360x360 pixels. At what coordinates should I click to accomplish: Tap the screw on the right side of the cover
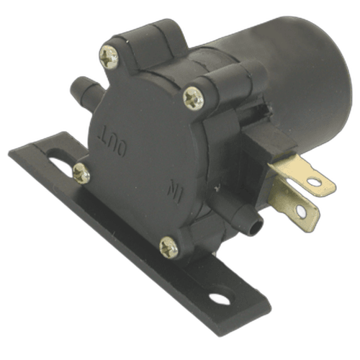pyautogui.click(x=193, y=99)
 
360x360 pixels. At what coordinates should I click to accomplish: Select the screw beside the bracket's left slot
pyautogui.click(x=81, y=173)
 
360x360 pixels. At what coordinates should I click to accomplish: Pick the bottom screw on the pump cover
pyautogui.click(x=168, y=248)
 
